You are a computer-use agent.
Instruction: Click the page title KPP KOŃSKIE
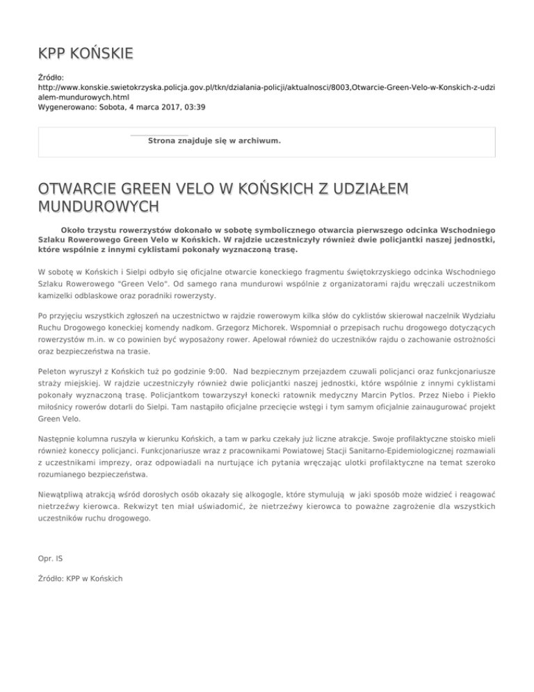85,54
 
